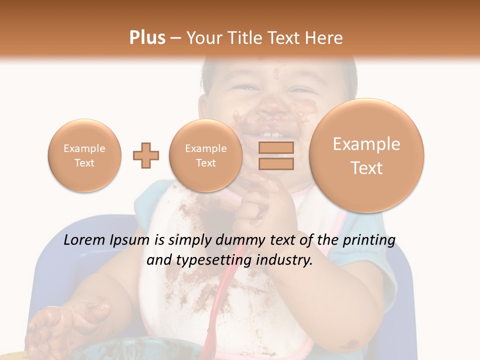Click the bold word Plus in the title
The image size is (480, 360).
(x=147, y=38)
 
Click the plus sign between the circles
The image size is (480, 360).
(x=146, y=155)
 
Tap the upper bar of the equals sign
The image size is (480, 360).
(x=275, y=147)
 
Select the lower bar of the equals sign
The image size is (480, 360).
(x=275, y=163)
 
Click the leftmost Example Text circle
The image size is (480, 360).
(x=84, y=155)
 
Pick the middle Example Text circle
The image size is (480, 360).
(x=206, y=155)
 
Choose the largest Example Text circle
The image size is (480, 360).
(x=366, y=155)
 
